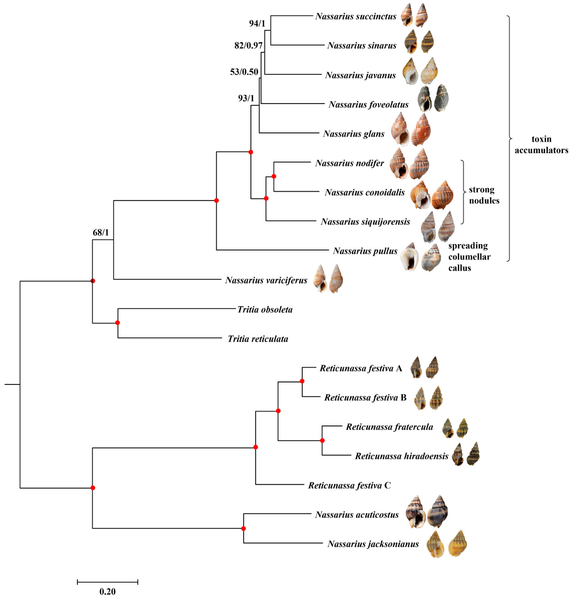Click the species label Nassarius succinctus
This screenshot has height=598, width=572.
tap(356, 16)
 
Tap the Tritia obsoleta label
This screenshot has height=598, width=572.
tap(265, 310)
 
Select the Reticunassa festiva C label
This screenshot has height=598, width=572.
tap(349, 485)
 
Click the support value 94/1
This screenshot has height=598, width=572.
tap(257, 23)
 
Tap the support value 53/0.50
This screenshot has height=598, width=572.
tap(244, 72)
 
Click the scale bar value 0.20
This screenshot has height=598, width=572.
tap(107, 591)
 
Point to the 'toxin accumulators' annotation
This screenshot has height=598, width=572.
tap(541, 144)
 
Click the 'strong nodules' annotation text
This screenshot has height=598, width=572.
tap(484, 195)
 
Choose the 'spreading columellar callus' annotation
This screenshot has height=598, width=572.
tap(469, 257)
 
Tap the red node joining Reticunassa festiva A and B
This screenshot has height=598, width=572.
tap(302, 381)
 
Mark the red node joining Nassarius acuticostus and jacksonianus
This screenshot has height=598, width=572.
tap(243, 529)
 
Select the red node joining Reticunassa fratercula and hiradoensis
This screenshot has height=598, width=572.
tap(322, 441)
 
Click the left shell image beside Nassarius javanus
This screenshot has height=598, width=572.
tap(410, 72)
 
